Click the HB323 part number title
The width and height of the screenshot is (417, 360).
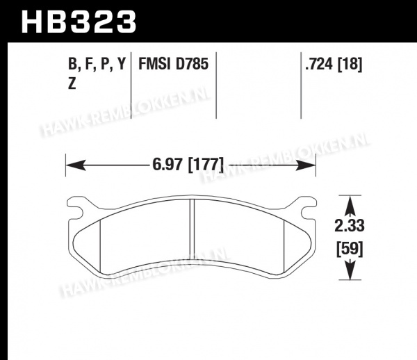click(x=79, y=22)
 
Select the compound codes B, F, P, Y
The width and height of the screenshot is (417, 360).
click(x=97, y=64)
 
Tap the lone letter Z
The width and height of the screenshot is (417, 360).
click(x=72, y=83)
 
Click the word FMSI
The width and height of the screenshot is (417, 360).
click(x=154, y=64)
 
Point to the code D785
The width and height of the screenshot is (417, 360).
click(x=192, y=64)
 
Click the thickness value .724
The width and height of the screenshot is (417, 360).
click(x=319, y=64)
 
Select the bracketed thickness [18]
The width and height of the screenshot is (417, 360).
click(x=350, y=65)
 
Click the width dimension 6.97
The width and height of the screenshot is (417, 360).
click(x=168, y=165)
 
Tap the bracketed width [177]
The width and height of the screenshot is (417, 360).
click(x=206, y=165)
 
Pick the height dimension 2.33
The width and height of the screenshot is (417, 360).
click(x=350, y=226)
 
